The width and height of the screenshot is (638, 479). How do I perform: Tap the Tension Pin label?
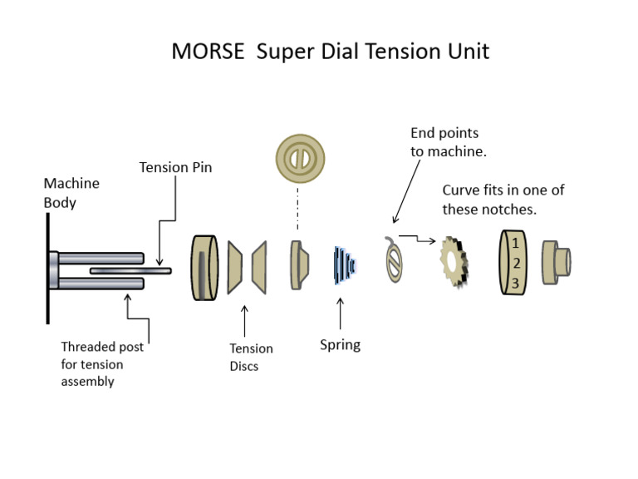175,167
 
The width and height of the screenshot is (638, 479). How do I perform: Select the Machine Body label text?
71,193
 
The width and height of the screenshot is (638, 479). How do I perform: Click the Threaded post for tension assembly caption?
102,364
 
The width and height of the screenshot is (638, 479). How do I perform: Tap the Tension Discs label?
251,357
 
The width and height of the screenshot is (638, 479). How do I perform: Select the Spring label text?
340,344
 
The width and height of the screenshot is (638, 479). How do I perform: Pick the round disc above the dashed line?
300,158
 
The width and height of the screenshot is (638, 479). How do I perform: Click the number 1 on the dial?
515,243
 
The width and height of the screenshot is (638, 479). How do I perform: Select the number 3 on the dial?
515,284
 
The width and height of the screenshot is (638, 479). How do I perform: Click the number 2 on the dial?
515,264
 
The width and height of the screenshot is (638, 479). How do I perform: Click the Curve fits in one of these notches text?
503,200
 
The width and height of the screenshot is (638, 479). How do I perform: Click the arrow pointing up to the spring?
340,311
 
